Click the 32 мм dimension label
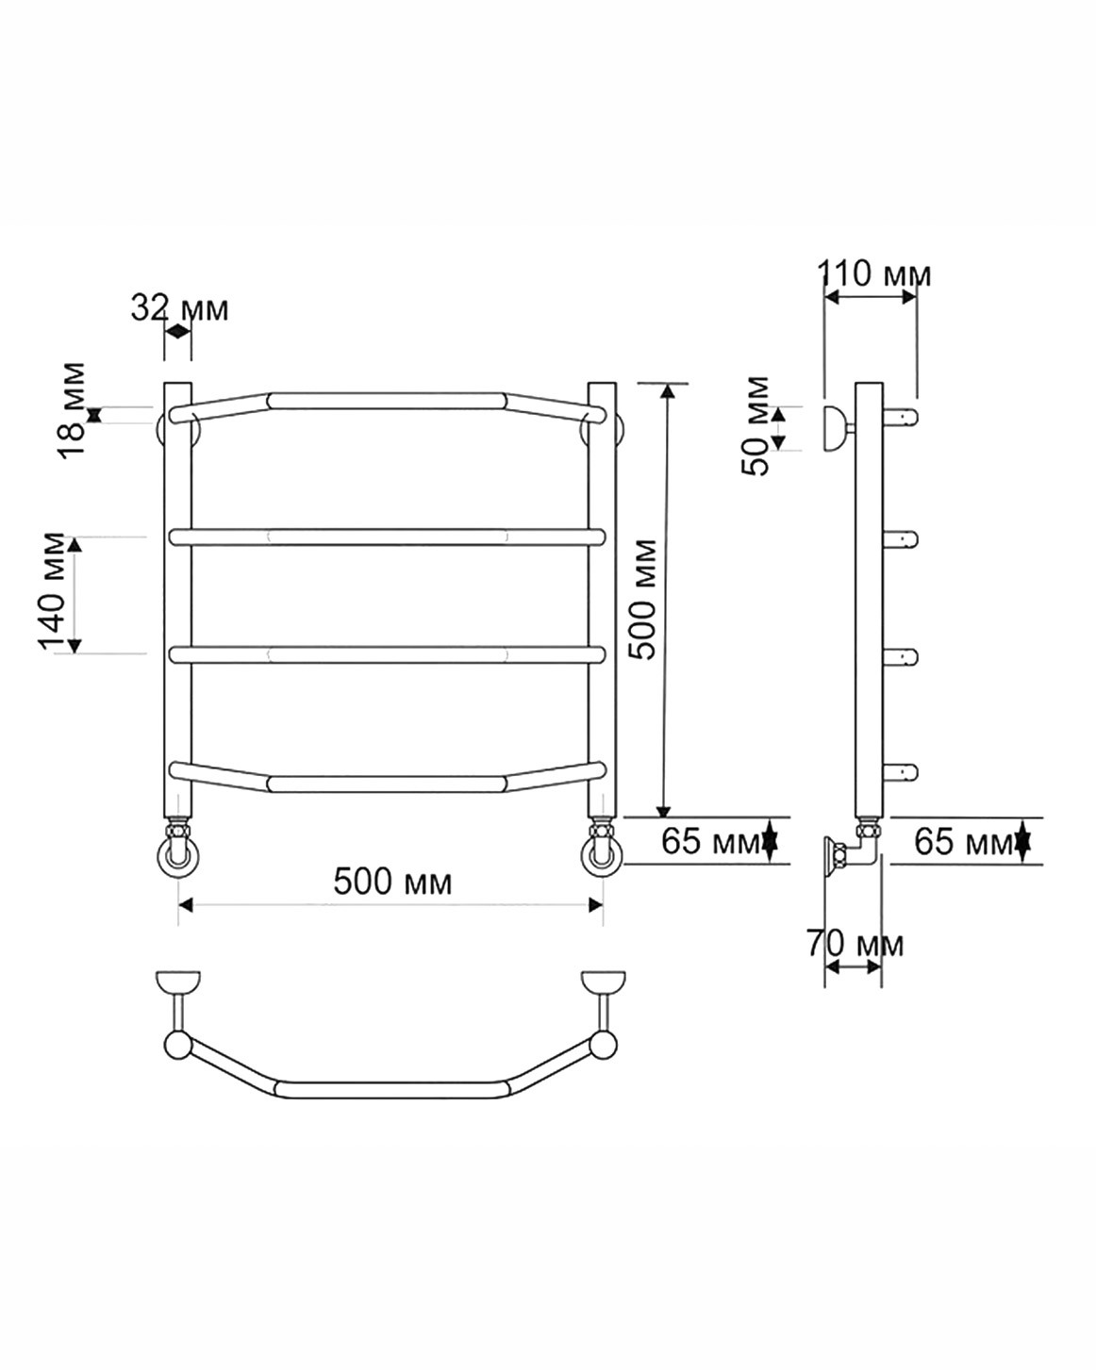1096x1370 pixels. pyautogui.click(x=179, y=308)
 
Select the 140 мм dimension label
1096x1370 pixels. pyautogui.click(x=52, y=591)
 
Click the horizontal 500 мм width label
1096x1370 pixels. pyautogui.click(x=392, y=882)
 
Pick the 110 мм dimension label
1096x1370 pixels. pyautogui.click(x=873, y=273)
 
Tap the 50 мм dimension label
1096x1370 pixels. pyautogui.click(x=756, y=426)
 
